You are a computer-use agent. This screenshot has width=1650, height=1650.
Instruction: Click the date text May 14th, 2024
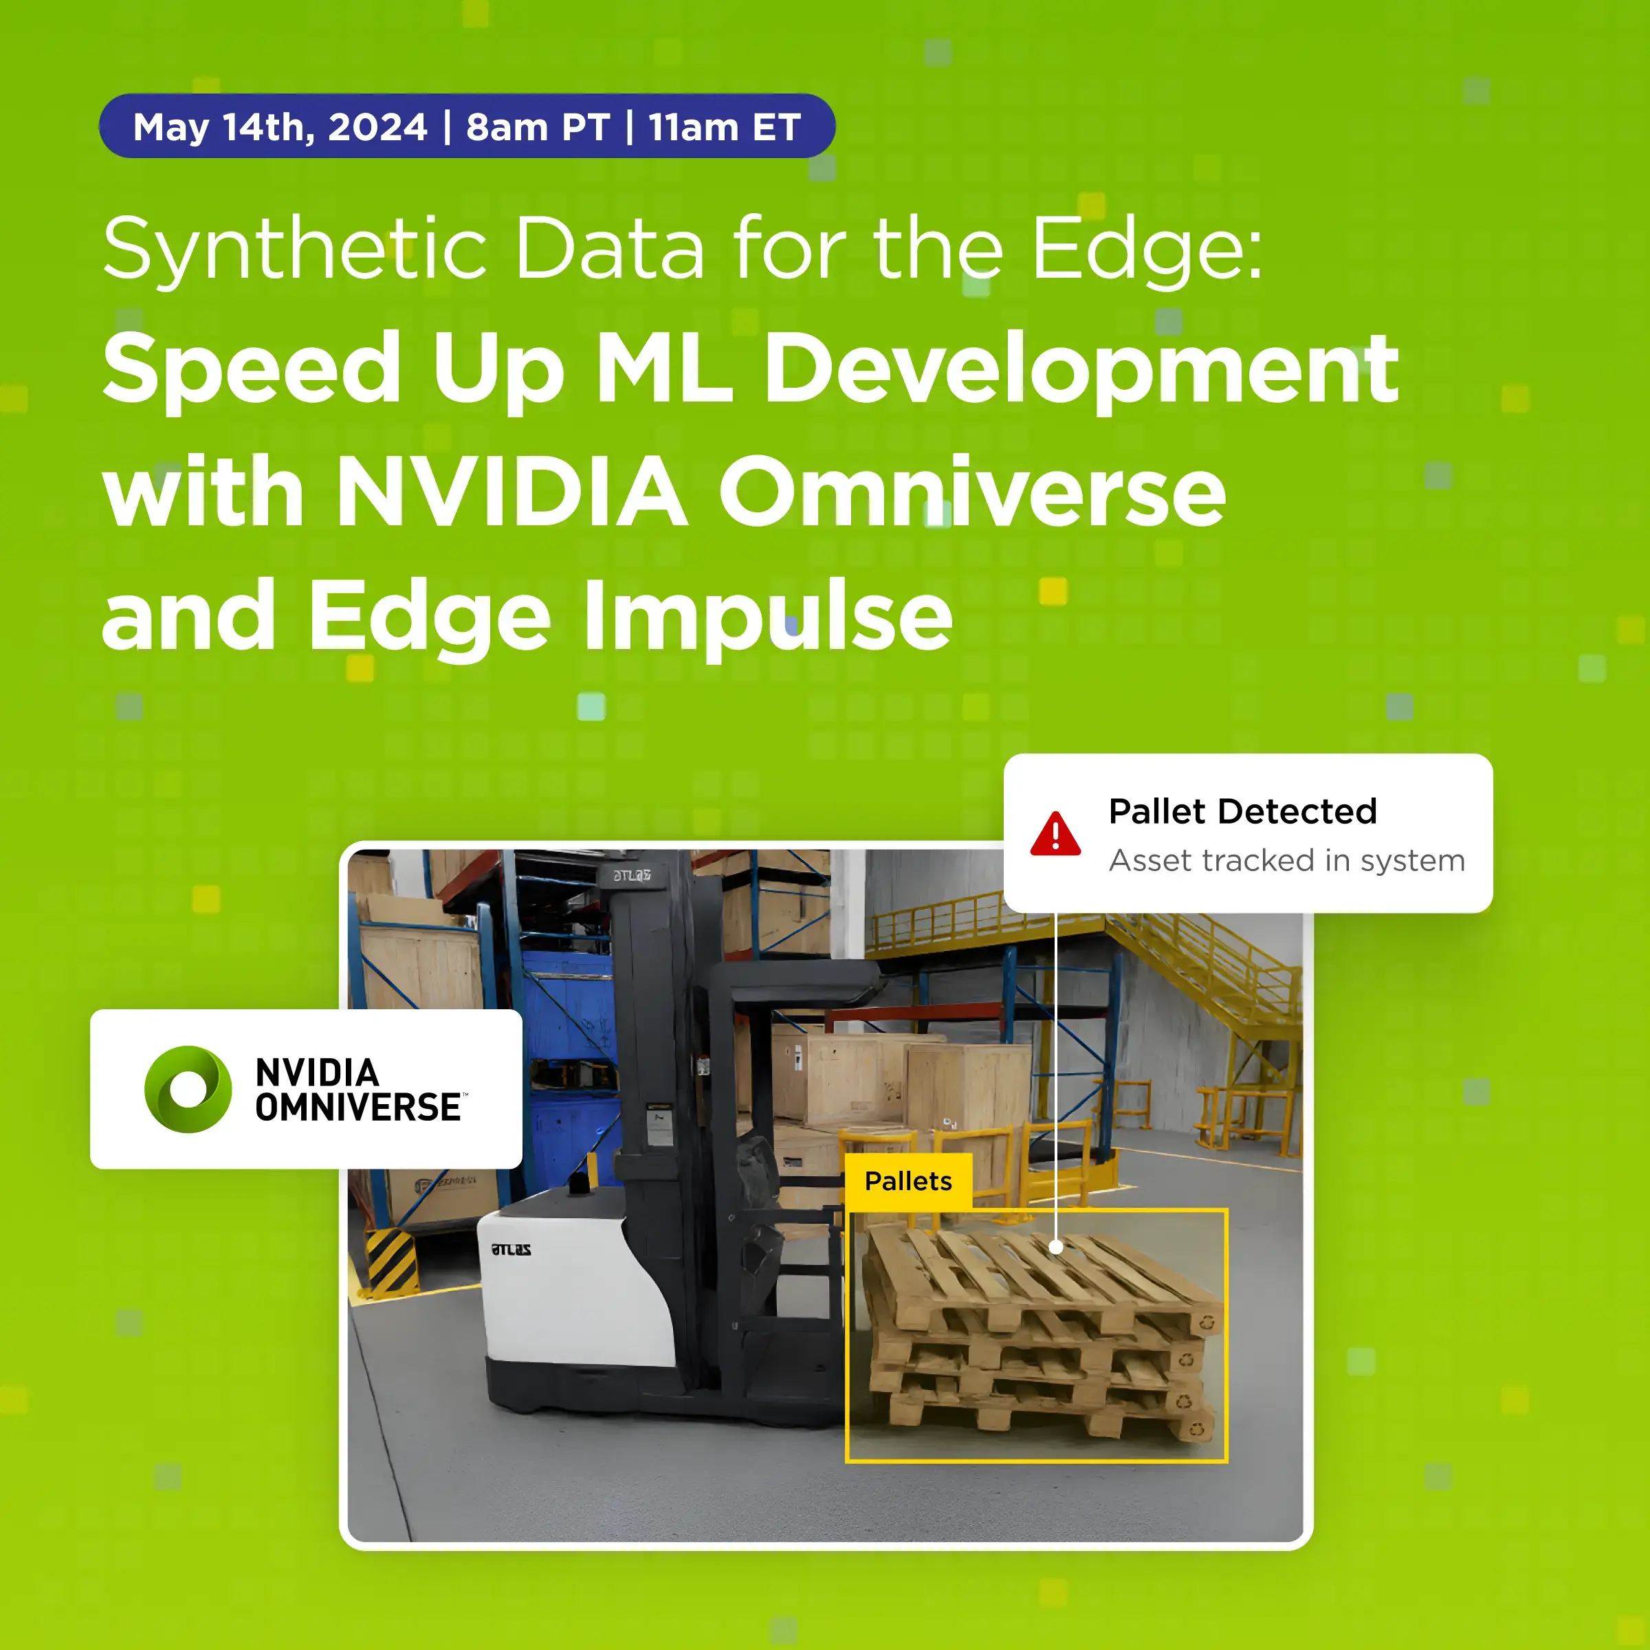tap(280, 128)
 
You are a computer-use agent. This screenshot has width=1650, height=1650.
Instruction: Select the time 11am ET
tap(724, 128)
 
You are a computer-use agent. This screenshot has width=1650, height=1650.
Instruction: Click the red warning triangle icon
tap(1055, 835)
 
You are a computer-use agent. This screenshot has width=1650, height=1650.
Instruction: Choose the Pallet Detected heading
tap(1242, 811)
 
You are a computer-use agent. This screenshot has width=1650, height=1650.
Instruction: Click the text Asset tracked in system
tap(1286, 861)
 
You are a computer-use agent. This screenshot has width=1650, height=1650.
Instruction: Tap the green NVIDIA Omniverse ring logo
tap(188, 1089)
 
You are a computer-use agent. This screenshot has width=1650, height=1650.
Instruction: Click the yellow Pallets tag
tap(907, 1181)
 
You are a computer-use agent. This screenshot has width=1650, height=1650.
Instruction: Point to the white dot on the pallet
tap(1055, 1247)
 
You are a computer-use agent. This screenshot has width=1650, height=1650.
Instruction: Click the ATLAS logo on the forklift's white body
tap(511, 1249)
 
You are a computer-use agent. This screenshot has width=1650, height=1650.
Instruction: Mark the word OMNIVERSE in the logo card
tap(359, 1108)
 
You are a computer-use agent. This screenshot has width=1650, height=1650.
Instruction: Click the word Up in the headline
tap(498, 369)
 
